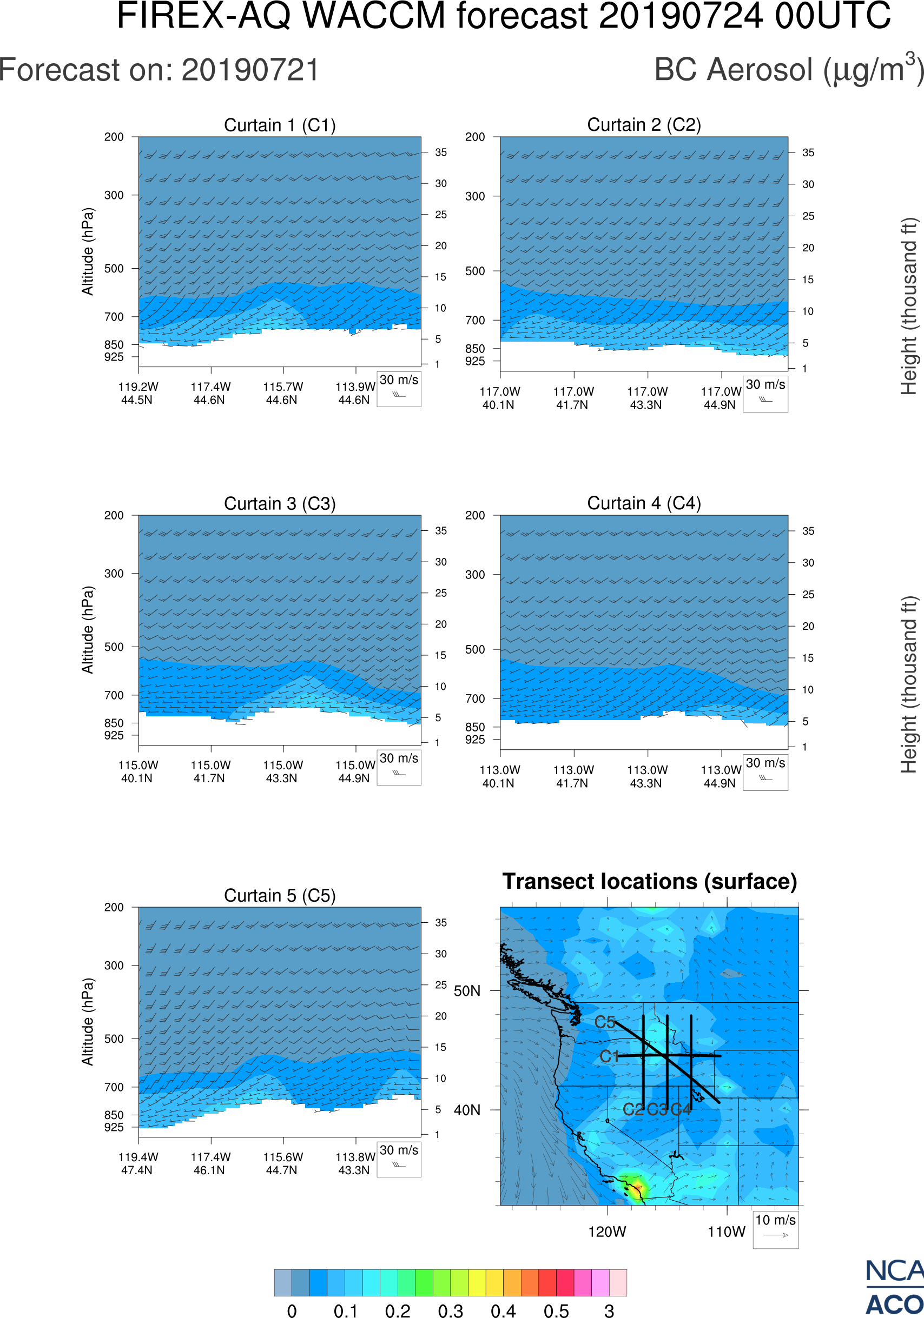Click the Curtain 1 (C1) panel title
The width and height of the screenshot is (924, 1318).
point(280,125)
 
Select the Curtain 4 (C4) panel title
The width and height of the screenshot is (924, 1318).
point(644,503)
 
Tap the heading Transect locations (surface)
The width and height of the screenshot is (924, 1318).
point(650,881)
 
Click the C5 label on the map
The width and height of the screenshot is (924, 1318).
point(605,1022)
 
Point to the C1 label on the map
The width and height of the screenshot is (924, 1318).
point(609,1056)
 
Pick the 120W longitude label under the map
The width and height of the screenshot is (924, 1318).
point(607,1232)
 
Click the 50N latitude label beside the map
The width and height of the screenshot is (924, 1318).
point(467,991)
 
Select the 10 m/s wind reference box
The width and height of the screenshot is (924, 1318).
point(775,1228)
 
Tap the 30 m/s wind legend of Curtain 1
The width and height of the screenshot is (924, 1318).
point(399,389)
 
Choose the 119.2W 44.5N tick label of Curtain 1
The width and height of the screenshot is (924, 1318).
point(138,393)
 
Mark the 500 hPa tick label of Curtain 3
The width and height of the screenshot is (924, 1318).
point(114,647)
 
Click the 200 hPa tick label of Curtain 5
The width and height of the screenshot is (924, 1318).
point(114,908)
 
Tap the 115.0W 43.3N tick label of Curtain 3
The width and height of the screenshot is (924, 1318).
point(282,771)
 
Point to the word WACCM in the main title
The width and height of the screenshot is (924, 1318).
point(374,16)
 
